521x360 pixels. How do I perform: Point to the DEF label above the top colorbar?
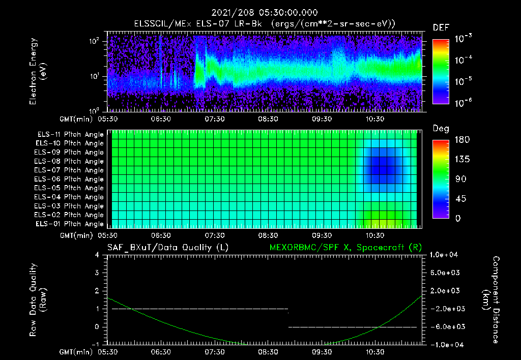point(441,27)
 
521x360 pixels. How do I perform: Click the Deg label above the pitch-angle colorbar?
point(441,129)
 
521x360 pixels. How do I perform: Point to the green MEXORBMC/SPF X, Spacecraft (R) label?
point(345,248)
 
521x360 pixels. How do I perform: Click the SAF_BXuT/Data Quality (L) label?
point(167,248)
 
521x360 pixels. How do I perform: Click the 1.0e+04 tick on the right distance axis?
point(446,255)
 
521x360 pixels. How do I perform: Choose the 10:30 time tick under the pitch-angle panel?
point(375,235)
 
